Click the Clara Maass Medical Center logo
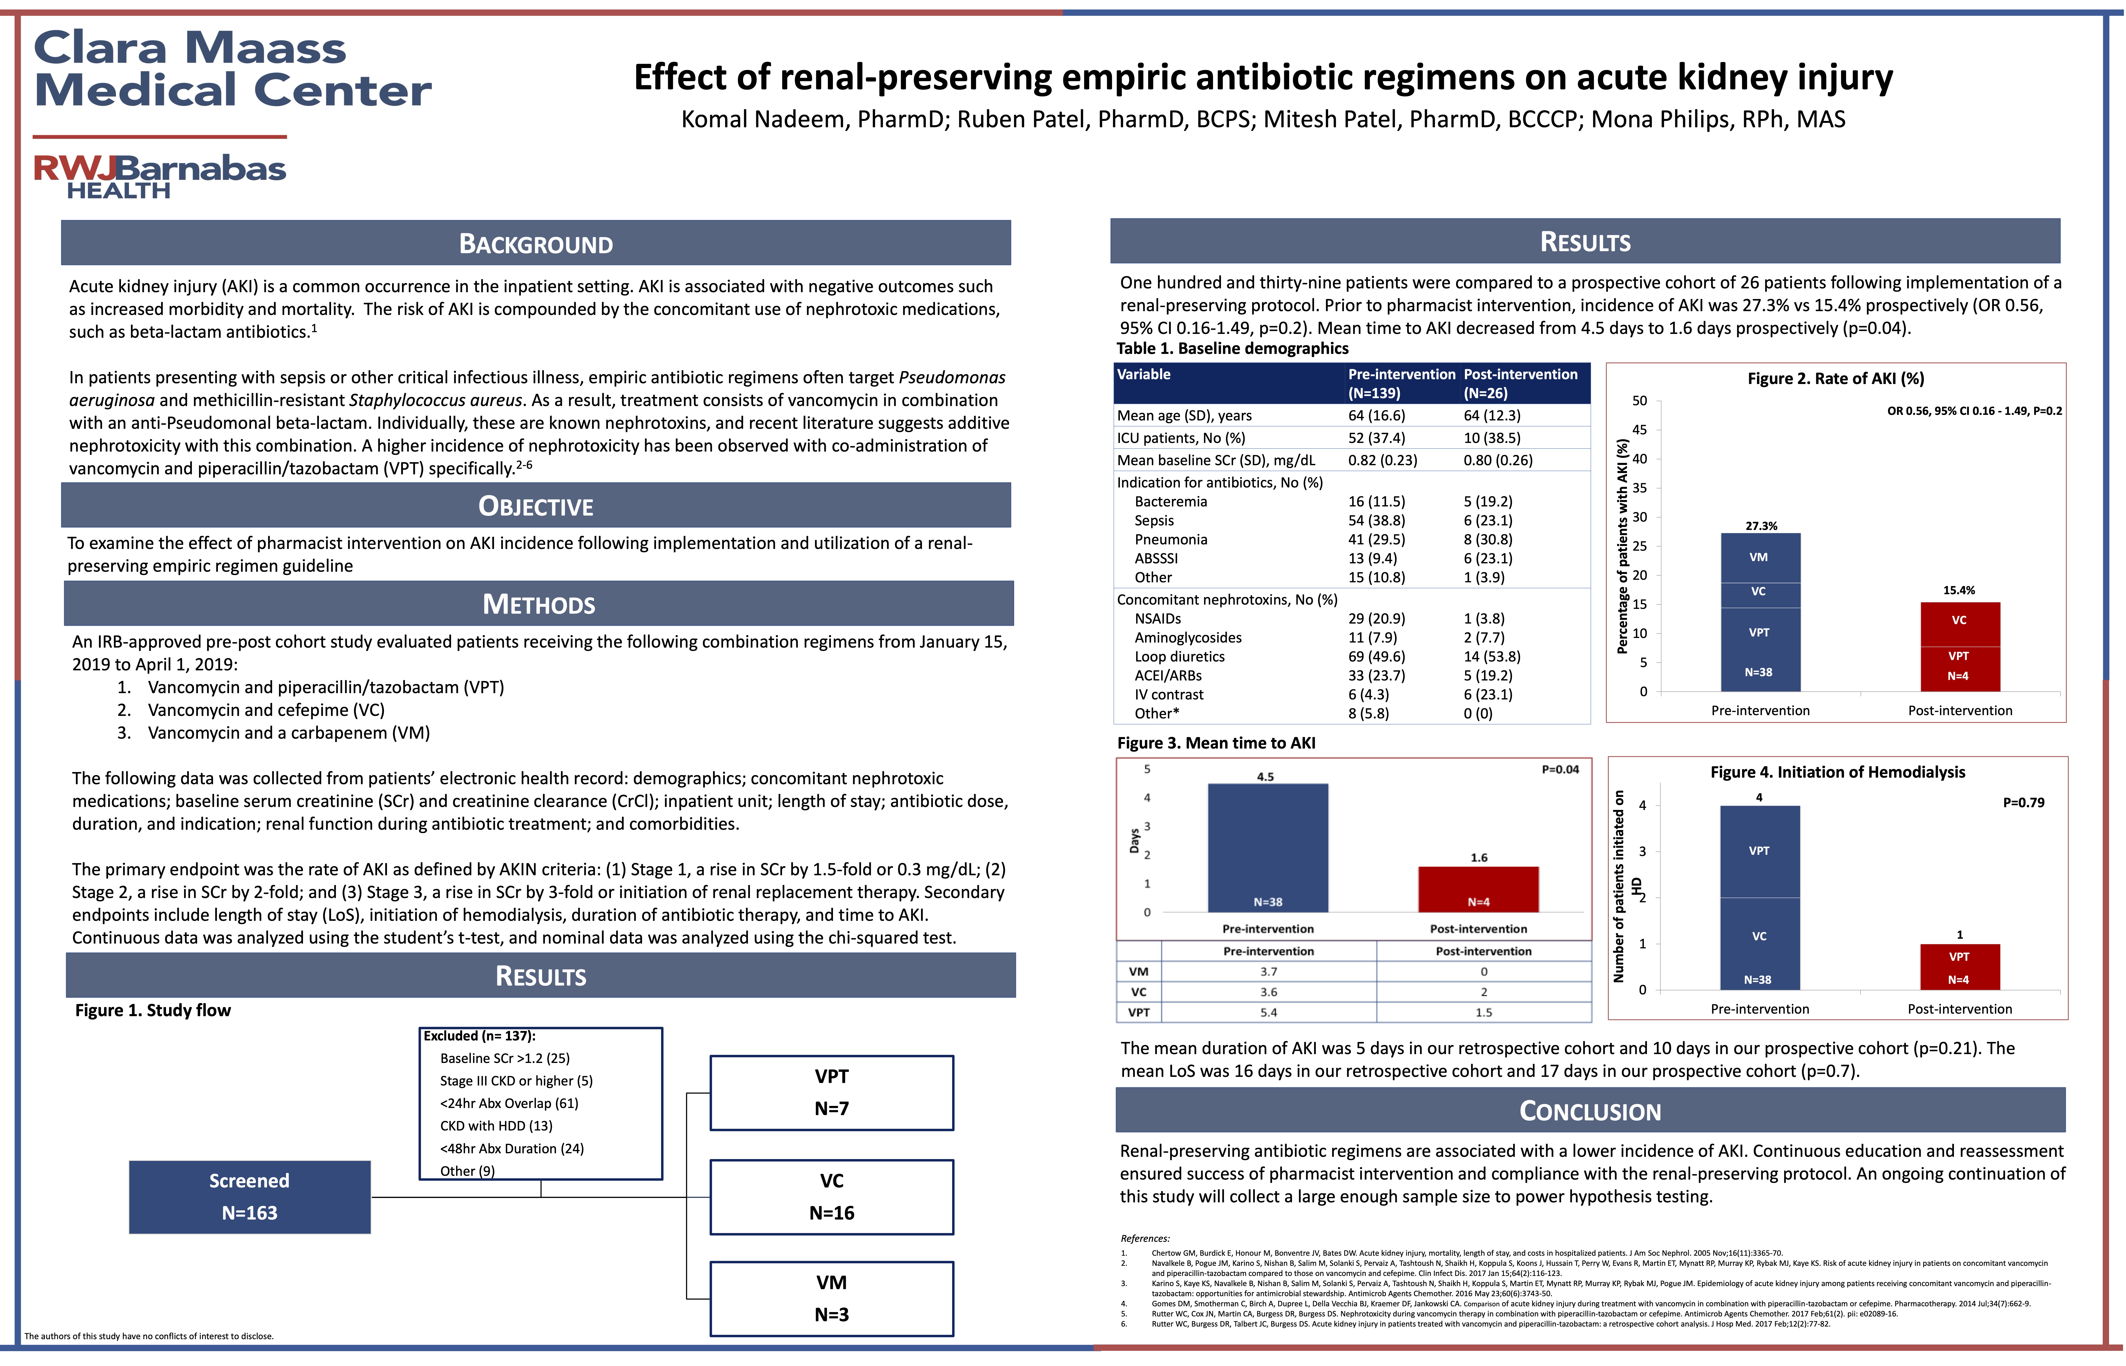tap(233, 69)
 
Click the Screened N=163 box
tap(249, 1197)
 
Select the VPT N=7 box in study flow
tap(831, 1093)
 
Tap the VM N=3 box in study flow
tap(831, 1299)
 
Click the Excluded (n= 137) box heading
tap(479, 1036)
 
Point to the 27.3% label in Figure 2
tap(1761, 526)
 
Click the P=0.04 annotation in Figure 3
tap(1560, 769)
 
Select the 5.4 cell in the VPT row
tap(1269, 1012)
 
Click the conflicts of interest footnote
tap(149, 1336)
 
